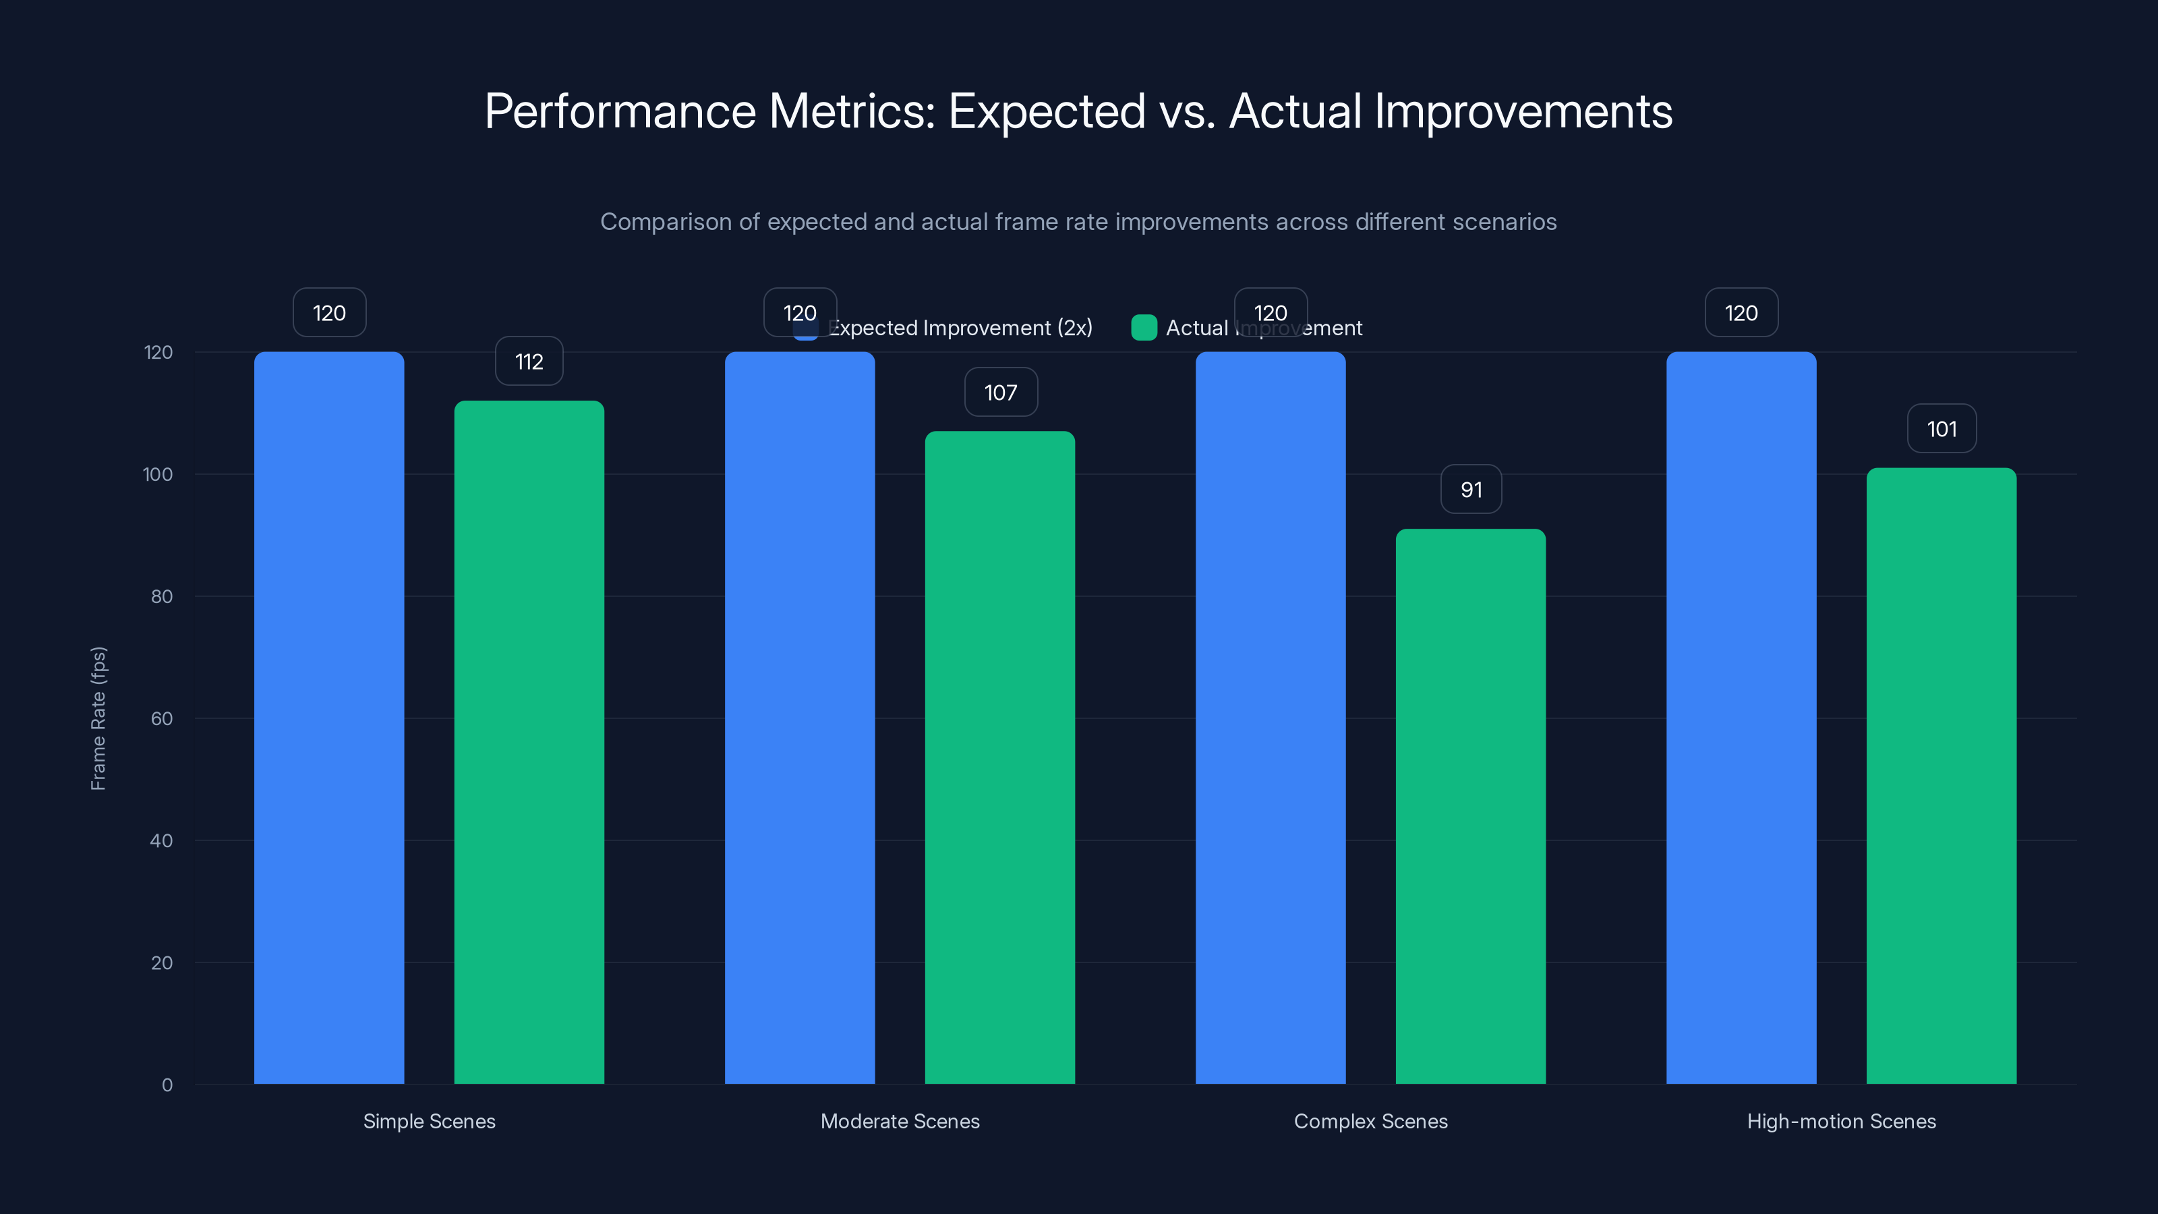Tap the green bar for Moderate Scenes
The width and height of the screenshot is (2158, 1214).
coord(999,757)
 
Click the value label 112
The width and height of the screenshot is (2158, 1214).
coord(529,362)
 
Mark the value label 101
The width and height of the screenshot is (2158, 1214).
coord(1942,429)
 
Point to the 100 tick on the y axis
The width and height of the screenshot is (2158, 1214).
coord(158,474)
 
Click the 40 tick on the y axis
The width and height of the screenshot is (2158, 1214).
coord(161,840)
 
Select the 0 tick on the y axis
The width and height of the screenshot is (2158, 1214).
coord(167,1085)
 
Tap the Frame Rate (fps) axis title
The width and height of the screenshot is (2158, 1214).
coord(98,718)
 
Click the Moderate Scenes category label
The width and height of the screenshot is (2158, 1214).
coord(900,1121)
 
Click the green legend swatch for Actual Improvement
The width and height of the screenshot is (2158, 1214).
coord(1144,328)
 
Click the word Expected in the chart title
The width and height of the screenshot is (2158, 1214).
coord(1047,111)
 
